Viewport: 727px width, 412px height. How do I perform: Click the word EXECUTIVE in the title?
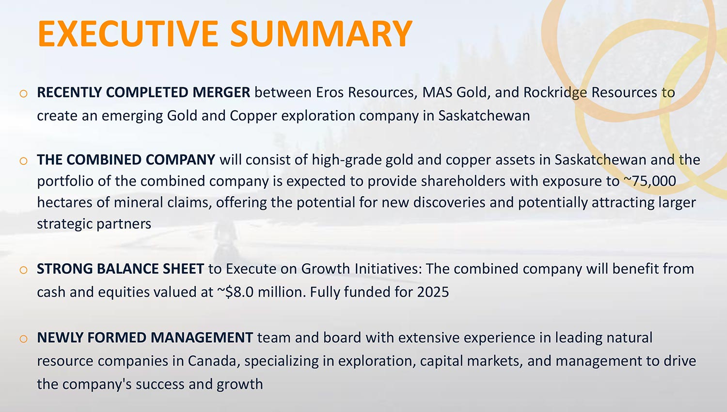[128, 34]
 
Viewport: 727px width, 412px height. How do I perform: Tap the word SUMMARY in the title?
[321, 34]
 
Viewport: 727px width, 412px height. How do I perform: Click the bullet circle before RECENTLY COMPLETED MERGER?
[23, 94]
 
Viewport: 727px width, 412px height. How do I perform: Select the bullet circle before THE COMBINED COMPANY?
[23, 161]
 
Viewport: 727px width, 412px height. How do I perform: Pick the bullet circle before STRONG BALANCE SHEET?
[23, 270]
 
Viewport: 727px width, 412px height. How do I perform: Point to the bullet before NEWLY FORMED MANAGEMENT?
[23, 339]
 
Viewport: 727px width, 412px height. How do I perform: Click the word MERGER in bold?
[221, 93]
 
